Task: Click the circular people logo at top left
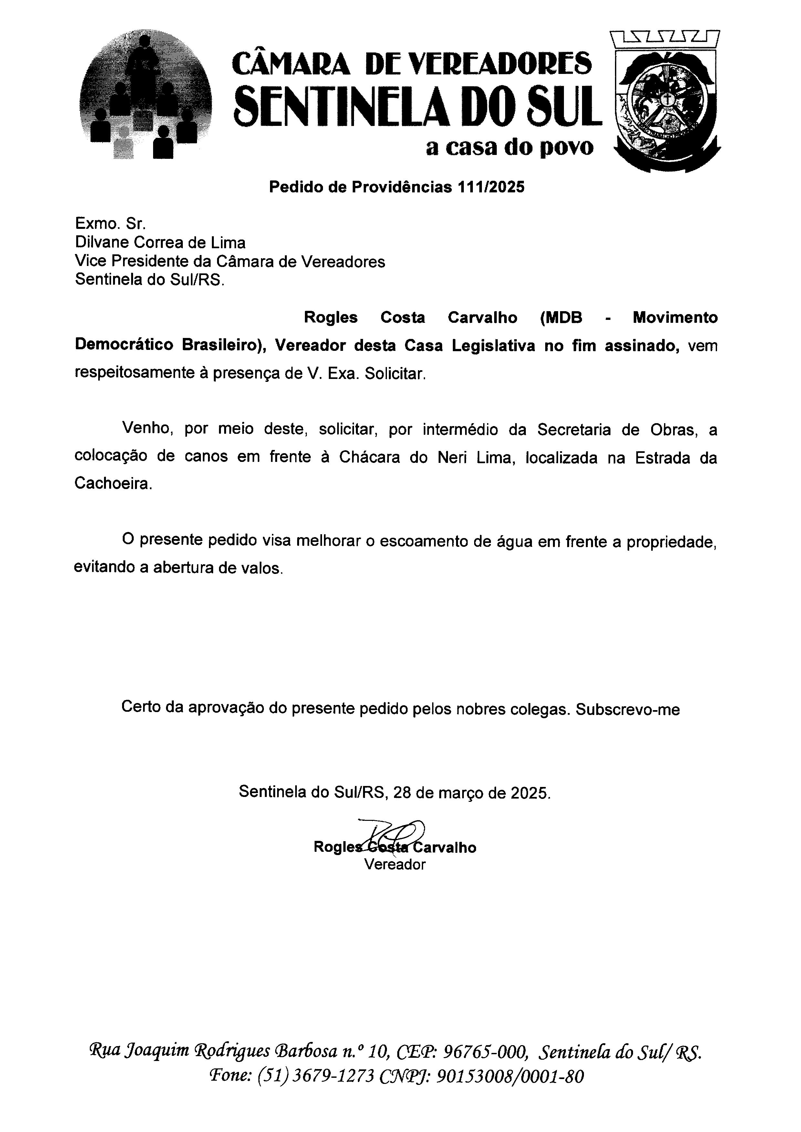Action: (x=145, y=95)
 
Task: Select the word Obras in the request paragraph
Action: (x=673, y=430)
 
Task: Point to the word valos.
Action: (x=266, y=568)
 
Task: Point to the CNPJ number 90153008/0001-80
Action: (x=510, y=1076)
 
